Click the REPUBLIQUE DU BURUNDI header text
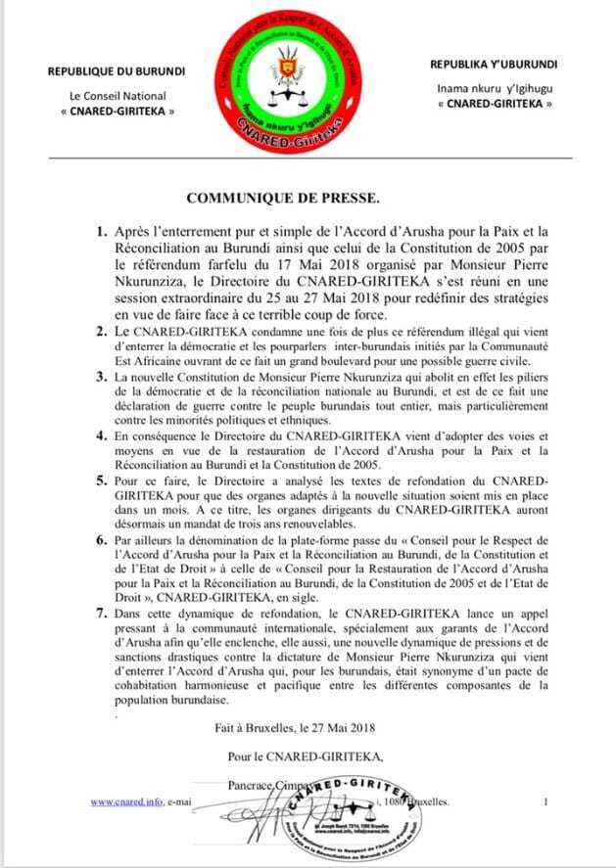coord(117,72)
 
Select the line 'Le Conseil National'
coord(117,96)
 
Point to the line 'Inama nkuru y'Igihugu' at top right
coord(494,88)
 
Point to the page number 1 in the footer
coord(545,801)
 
